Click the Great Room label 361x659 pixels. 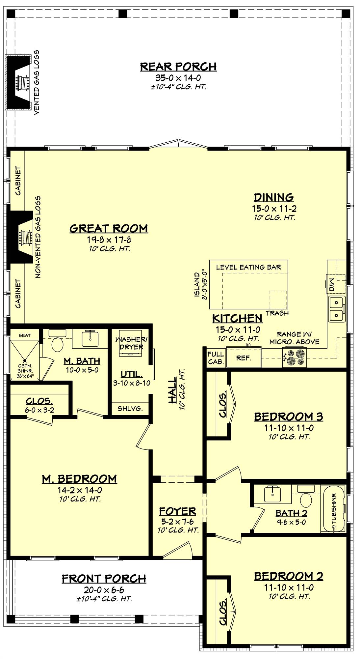[x=109, y=228]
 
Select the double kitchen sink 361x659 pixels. [x=336, y=308]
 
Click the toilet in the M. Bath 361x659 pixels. [x=57, y=345]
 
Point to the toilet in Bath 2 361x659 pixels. [x=306, y=501]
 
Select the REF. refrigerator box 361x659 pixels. [x=244, y=358]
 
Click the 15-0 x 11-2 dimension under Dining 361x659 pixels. [x=274, y=209]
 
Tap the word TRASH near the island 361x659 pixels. [x=277, y=313]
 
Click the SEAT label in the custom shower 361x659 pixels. [x=24, y=335]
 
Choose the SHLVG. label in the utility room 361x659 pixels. [x=130, y=409]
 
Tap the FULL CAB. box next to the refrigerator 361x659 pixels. [x=216, y=358]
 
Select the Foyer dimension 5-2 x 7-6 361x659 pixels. [x=178, y=521]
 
